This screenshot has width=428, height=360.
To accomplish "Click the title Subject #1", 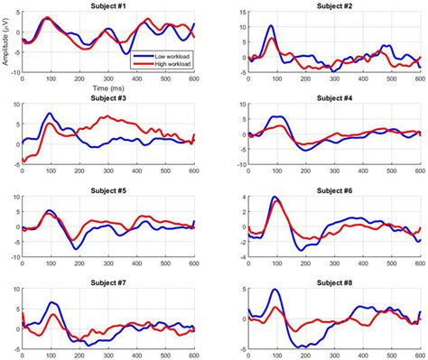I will [x=108, y=6].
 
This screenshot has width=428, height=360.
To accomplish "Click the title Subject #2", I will [x=335, y=6].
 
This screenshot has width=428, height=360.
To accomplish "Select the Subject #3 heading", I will [x=108, y=97].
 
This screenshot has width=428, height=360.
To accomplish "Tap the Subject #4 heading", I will [x=335, y=97].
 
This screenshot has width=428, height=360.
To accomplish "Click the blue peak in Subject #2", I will [x=271, y=27].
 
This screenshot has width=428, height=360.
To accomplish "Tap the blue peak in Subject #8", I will [x=273, y=291].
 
